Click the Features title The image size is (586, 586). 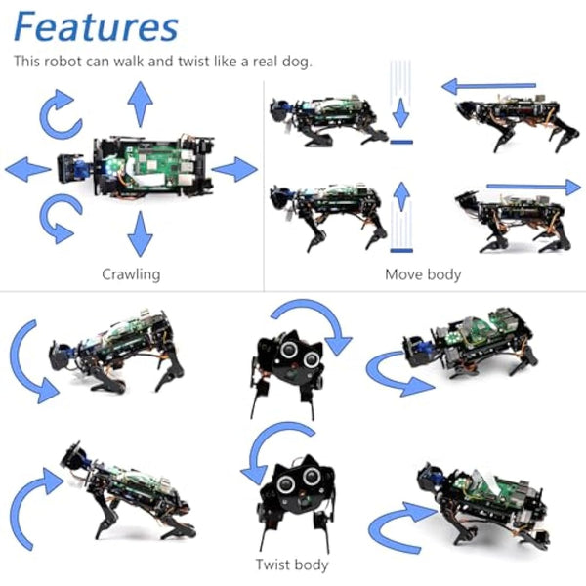(96, 26)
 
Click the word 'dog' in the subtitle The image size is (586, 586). (292, 61)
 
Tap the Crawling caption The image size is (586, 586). (131, 274)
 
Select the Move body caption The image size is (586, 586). (423, 274)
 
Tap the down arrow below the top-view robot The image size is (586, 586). (141, 234)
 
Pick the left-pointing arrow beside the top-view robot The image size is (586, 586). (27, 170)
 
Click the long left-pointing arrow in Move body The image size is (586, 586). (489, 87)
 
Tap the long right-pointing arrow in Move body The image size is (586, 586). (532, 186)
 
